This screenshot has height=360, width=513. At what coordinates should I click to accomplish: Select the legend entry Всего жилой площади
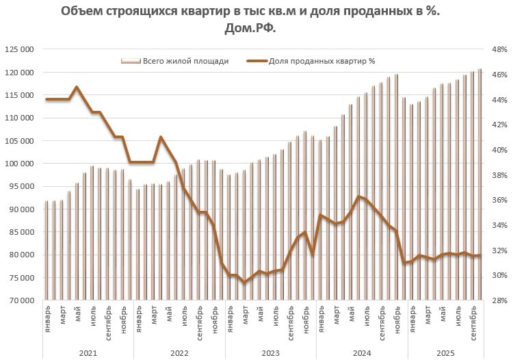tap(185, 61)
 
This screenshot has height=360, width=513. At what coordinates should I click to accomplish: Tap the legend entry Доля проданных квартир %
tap(321, 61)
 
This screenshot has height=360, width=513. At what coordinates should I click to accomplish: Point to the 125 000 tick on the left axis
tap(20, 50)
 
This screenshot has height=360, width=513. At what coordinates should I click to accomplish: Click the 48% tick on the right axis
tap(497, 50)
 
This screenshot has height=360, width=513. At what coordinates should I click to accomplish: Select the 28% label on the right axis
tap(497, 300)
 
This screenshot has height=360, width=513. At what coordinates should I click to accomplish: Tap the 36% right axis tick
tap(497, 201)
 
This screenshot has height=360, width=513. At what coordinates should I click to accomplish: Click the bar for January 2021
tap(47, 250)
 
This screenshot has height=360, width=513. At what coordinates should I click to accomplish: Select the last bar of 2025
tap(479, 184)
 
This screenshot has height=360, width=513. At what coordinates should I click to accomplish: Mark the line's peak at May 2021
tap(77, 87)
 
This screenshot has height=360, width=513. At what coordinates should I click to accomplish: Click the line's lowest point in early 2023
tap(244, 282)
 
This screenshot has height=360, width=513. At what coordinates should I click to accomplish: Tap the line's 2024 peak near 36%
tap(358, 196)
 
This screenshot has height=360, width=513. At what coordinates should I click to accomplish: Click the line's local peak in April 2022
tap(161, 137)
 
